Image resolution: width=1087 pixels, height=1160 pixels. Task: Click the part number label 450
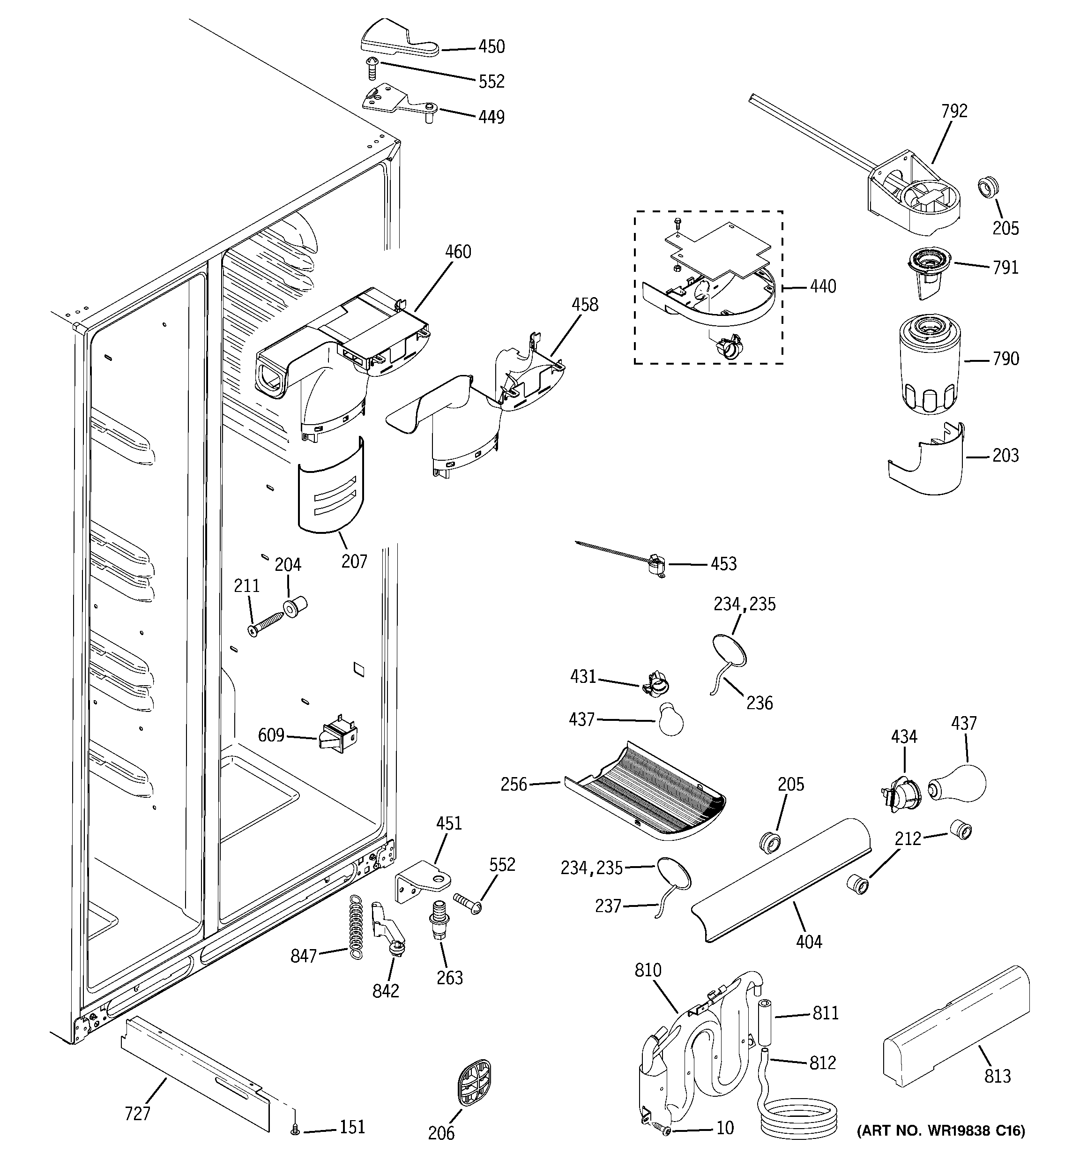point(491,47)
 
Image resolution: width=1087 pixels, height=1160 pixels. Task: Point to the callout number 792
point(954,111)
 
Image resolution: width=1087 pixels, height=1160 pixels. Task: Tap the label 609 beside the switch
point(271,735)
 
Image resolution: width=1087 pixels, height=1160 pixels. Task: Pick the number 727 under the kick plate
point(138,1114)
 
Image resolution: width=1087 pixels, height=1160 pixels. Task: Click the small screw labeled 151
point(295,1131)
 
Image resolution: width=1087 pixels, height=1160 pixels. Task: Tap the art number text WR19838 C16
point(940,1131)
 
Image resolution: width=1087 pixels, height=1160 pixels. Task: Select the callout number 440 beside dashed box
point(823,286)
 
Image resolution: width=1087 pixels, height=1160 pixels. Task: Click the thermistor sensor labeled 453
point(656,565)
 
